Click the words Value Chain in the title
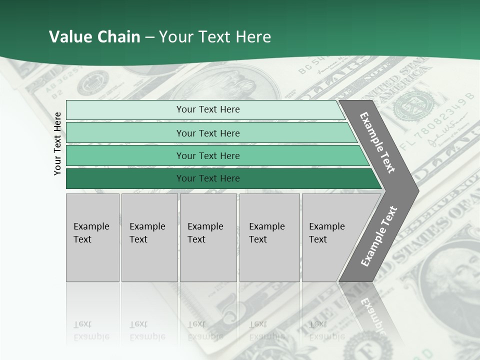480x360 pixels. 94,37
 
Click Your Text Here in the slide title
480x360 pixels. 215,37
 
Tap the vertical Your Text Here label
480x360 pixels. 57,143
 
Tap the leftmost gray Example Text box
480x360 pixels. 92,237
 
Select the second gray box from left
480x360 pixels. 149,237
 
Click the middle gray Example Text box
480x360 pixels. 208,237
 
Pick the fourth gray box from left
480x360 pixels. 269,237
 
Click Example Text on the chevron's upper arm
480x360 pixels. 377,142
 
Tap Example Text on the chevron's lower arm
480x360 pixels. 378,236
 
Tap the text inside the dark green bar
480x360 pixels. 208,178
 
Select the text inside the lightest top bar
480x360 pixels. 208,109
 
